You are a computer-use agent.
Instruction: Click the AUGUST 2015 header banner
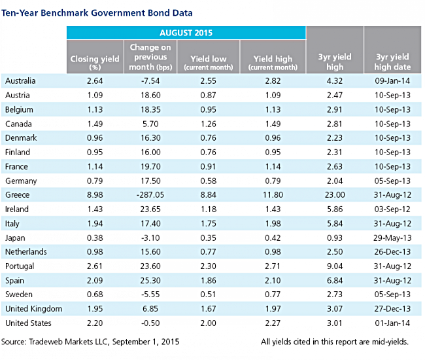(x=186, y=33)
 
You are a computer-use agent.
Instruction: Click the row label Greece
(x=18, y=195)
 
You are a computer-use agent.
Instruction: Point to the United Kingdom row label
(x=33, y=309)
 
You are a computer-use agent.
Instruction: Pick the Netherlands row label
(x=26, y=252)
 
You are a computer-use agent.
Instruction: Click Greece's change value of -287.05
(x=150, y=195)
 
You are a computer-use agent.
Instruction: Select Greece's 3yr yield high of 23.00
(x=335, y=195)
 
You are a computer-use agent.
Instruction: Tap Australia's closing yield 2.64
(x=95, y=81)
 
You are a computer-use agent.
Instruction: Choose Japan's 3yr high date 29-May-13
(x=392, y=238)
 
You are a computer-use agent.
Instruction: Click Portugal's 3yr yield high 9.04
(x=335, y=266)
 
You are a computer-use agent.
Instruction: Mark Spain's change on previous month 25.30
(x=150, y=281)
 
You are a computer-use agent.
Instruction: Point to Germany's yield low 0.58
(x=208, y=181)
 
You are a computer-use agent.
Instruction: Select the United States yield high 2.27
(x=273, y=323)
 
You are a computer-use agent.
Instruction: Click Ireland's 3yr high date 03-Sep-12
(x=392, y=209)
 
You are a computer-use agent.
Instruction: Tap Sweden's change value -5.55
(x=150, y=295)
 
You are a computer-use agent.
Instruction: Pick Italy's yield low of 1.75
(x=208, y=224)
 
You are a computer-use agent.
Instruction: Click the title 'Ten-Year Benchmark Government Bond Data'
(x=97, y=12)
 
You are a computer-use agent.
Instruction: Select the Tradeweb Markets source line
(x=90, y=342)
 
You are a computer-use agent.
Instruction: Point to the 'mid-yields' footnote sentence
(x=335, y=342)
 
